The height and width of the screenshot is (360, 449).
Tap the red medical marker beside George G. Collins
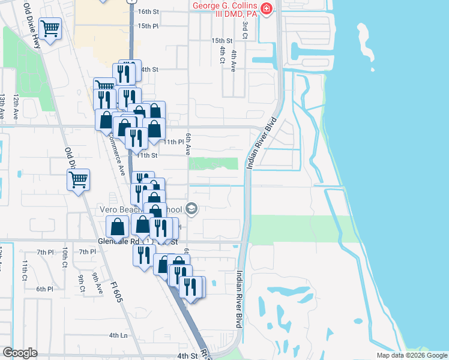[267, 10]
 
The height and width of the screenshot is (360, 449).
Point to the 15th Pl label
[147, 26]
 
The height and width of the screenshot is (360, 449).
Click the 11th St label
[146, 155]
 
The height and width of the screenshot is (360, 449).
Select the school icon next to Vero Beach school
[192, 209]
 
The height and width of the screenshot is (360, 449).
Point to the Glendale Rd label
[118, 242]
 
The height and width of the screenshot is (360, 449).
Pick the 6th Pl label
[44, 289]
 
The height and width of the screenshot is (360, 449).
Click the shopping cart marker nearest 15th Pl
[50, 28]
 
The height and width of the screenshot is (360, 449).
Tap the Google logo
[20, 353]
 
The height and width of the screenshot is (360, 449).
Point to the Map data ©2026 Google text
[411, 355]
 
